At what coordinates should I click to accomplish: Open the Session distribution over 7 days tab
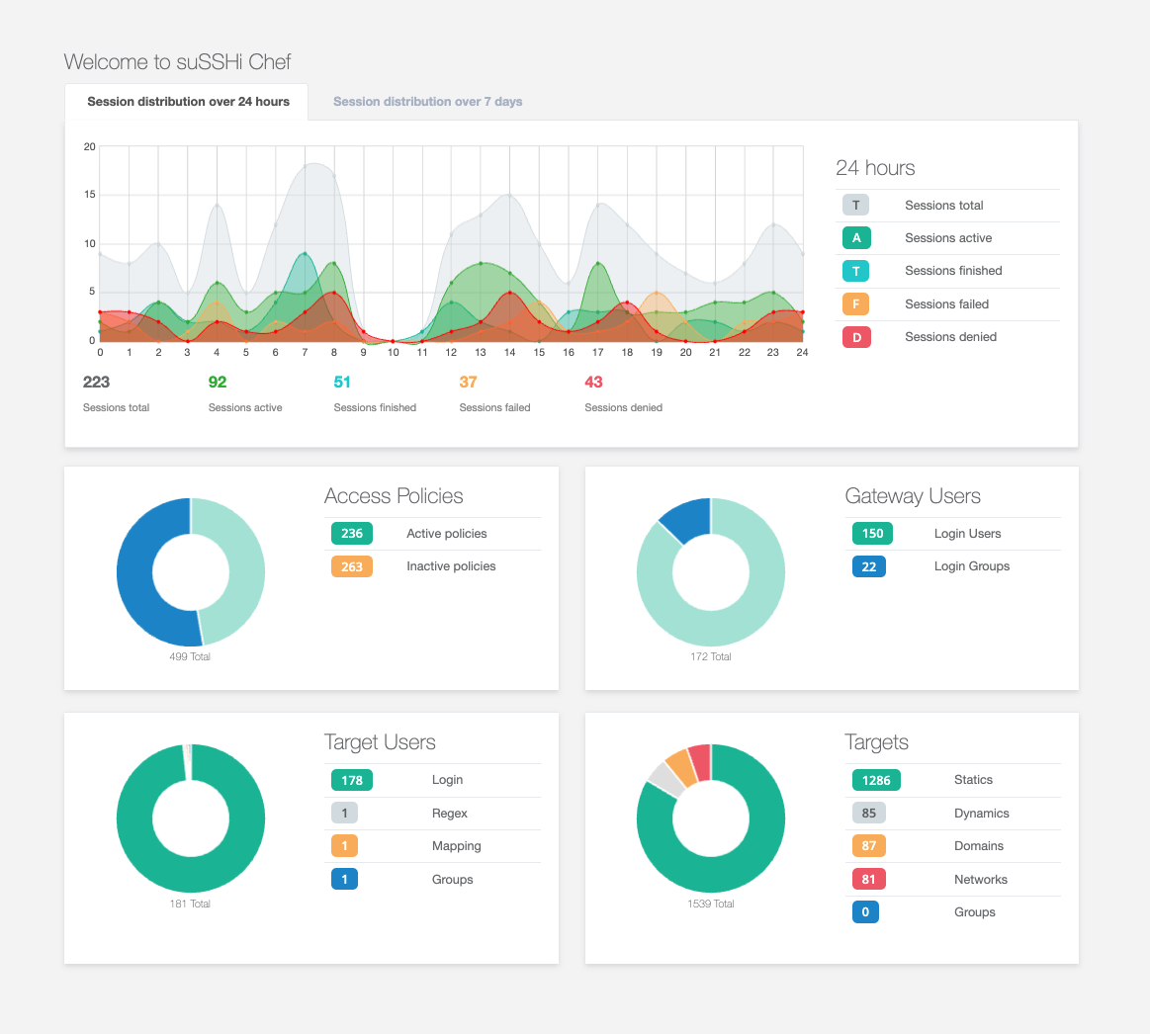(427, 102)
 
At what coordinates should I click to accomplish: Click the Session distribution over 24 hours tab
(188, 102)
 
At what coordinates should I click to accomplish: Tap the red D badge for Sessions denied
(856, 337)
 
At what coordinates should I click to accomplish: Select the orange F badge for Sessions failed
(856, 304)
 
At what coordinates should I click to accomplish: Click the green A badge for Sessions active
(856, 238)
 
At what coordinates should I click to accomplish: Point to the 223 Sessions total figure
(96, 383)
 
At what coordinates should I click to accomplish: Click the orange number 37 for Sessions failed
(468, 383)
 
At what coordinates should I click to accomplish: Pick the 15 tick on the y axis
(89, 195)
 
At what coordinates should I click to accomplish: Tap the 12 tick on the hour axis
(451, 353)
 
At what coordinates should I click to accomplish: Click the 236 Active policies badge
(352, 534)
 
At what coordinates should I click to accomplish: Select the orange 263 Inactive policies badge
(352, 566)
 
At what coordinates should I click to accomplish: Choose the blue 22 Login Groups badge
(869, 566)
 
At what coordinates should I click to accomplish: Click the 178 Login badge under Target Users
(352, 780)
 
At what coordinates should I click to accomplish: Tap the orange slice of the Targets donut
(680, 767)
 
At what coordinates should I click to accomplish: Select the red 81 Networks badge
(869, 879)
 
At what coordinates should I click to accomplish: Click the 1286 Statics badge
(876, 780)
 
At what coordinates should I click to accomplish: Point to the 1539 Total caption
(711, 905)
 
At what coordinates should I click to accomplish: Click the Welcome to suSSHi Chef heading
(177, 61)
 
